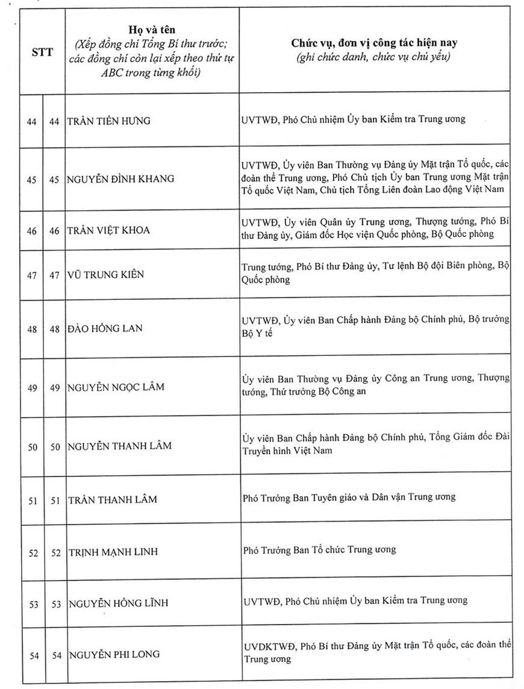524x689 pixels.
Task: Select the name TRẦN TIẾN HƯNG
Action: point(109,120)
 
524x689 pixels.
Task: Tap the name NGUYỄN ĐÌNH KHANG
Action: point(121,178)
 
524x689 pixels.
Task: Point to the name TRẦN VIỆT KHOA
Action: point(109,230)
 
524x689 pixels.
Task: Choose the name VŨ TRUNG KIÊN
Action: point(106,275)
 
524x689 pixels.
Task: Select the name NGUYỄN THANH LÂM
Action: point(119,446)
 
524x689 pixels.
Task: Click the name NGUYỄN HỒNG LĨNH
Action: point(118,603)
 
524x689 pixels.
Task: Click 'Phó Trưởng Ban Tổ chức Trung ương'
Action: point(320,549)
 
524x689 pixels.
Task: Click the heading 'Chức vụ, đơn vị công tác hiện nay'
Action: point(373,43)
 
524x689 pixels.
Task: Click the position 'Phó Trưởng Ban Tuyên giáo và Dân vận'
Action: point(349,497)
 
